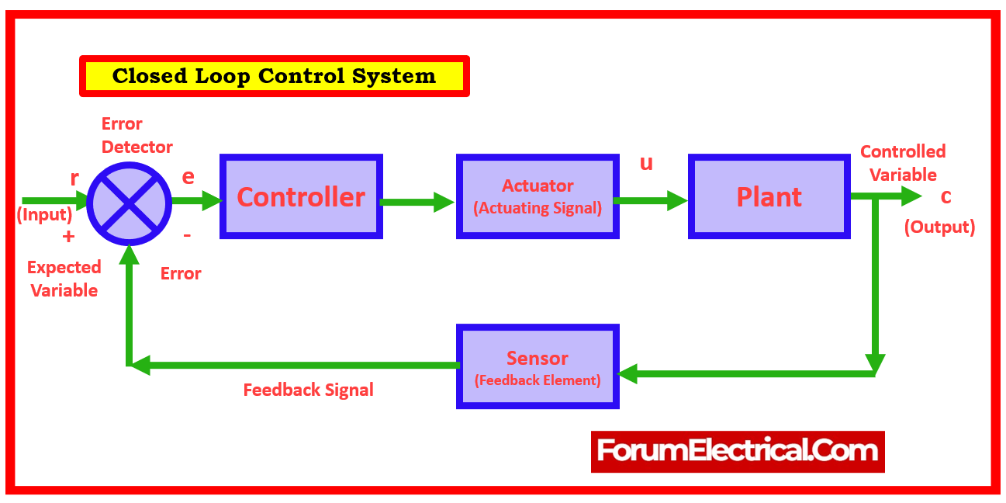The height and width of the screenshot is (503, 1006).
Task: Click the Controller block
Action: point(301,196)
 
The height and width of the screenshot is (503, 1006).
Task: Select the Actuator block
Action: point(538,196)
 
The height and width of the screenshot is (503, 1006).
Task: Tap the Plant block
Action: point(769,196)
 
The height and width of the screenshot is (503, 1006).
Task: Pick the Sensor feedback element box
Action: point(538,366)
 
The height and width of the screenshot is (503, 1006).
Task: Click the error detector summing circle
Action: point(129,203)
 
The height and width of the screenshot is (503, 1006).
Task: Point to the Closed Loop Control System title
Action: point(275,76)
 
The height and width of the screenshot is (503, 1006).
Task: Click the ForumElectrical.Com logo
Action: point(738,451)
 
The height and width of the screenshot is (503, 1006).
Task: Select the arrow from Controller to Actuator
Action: point(417,203)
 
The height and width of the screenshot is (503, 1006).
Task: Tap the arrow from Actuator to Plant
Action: point(650,200)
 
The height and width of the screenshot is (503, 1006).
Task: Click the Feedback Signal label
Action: point(308,390)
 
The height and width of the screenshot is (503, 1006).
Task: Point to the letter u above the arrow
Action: point(646,163)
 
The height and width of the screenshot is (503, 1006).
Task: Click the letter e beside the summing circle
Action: point(188,177)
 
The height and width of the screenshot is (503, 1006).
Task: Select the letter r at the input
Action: point(74,179)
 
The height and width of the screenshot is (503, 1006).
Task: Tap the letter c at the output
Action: point(946,197)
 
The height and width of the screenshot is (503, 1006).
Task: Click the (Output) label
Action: point(939,227)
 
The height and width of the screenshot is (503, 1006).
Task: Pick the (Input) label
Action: point(44,215)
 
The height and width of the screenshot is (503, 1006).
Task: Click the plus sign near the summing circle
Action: point(68,237)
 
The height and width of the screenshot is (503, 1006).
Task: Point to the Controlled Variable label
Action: point(903,163)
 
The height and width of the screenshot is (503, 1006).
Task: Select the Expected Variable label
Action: point(64,279)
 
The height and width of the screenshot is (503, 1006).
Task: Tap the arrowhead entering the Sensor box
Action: point(627,374)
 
